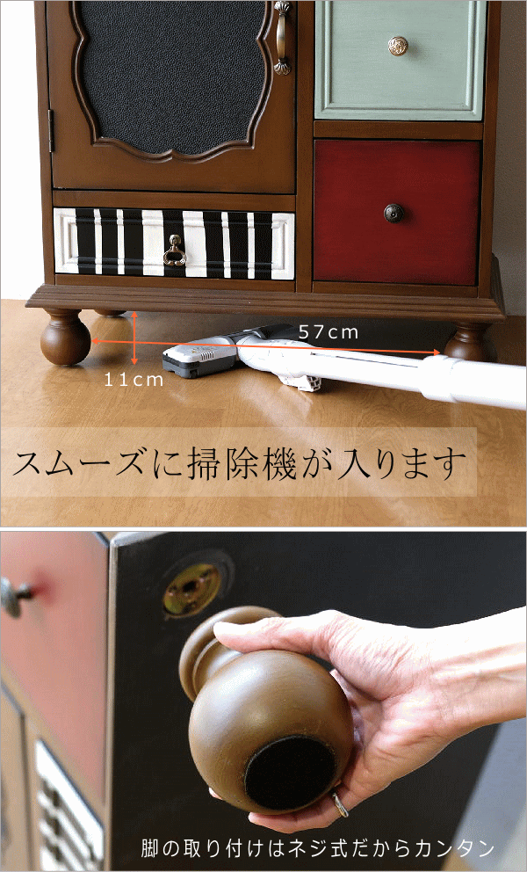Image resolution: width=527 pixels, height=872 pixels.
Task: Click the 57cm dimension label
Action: pyautogui.click(x=328, y=332)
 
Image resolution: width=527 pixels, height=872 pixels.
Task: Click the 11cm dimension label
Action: pyautogui.click(x=134, y=380)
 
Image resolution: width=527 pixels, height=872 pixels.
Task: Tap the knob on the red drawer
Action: pyautogui.click(x=393, y=212)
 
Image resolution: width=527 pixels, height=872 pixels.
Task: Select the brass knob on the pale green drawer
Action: pyautogui.click(x=398, y=45)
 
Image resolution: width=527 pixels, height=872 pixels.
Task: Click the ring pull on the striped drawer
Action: pyautogui.click(x=175, y=254)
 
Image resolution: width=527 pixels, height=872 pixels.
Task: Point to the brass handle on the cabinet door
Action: pyautogui.click(x=282, y=36)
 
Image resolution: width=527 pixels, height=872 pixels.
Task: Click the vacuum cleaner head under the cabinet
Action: pyautogui.click(x=197, y=360)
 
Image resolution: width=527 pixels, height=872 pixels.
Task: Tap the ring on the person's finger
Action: pyautogui.click(x=340, y=803)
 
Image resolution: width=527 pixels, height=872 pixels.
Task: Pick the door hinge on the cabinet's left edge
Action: pyautogui.click(x=51, y=131)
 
